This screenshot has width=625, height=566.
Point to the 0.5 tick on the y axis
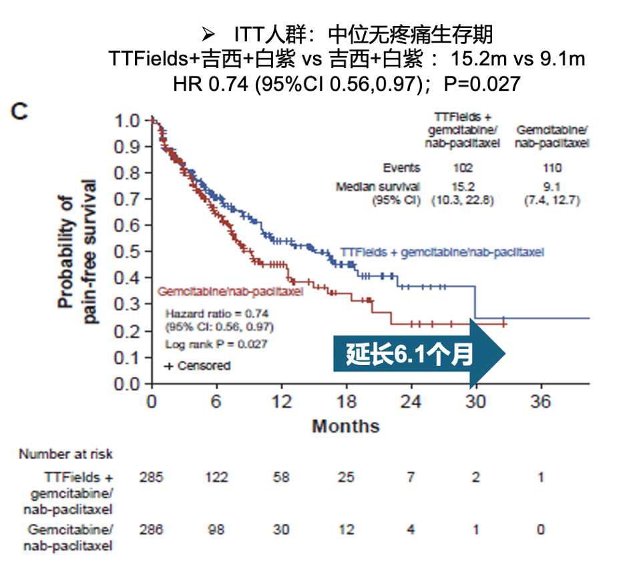[130, 252]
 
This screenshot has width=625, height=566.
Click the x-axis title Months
[346, 426]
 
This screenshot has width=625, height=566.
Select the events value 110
[552, 168]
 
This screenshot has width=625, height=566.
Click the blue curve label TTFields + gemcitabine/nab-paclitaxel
[441, 252]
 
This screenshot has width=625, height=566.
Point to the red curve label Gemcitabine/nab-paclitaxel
[230, 291]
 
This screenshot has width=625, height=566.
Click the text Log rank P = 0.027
[216, 344]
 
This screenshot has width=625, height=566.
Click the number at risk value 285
[152, 477]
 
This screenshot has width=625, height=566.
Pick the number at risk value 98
[216, 529]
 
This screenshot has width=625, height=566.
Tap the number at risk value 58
[281, 477]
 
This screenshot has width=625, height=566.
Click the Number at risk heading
[65, 454]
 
